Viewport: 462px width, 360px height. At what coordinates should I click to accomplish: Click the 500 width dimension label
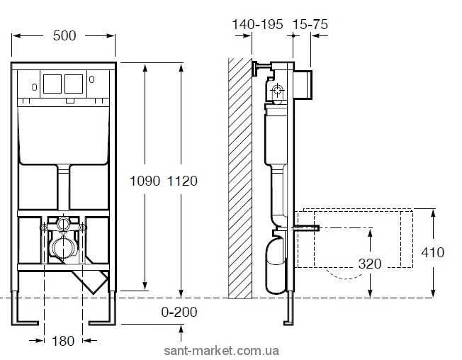[64, 36]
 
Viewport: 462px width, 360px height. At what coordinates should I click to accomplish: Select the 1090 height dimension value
[145, 181]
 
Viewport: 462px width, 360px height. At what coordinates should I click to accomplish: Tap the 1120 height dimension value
[182, 181]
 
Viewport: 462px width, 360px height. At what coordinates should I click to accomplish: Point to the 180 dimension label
[63, 341]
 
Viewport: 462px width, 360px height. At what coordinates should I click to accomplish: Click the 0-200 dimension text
[179, 312]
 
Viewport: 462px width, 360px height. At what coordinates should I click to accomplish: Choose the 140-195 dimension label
[257, 25]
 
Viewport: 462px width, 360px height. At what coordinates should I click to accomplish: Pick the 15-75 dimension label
[310, 25]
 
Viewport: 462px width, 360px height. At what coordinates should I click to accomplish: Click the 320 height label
[370, 264]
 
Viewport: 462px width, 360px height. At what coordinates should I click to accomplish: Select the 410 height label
[432, 252]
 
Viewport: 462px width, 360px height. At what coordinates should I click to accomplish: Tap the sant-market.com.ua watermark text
[221, 351]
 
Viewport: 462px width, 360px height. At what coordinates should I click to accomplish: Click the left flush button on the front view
[52, 84]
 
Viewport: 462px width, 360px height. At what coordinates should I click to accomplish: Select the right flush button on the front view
[74, 84]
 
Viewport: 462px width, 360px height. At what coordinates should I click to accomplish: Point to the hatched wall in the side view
[240, 178]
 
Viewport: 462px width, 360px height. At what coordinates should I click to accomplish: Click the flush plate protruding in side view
[303, 84]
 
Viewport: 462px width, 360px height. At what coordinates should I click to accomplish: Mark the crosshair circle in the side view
[278, 89]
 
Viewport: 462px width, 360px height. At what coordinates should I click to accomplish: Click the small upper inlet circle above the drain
[63, 223]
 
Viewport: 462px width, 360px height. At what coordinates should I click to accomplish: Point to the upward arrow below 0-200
[181, 333]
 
